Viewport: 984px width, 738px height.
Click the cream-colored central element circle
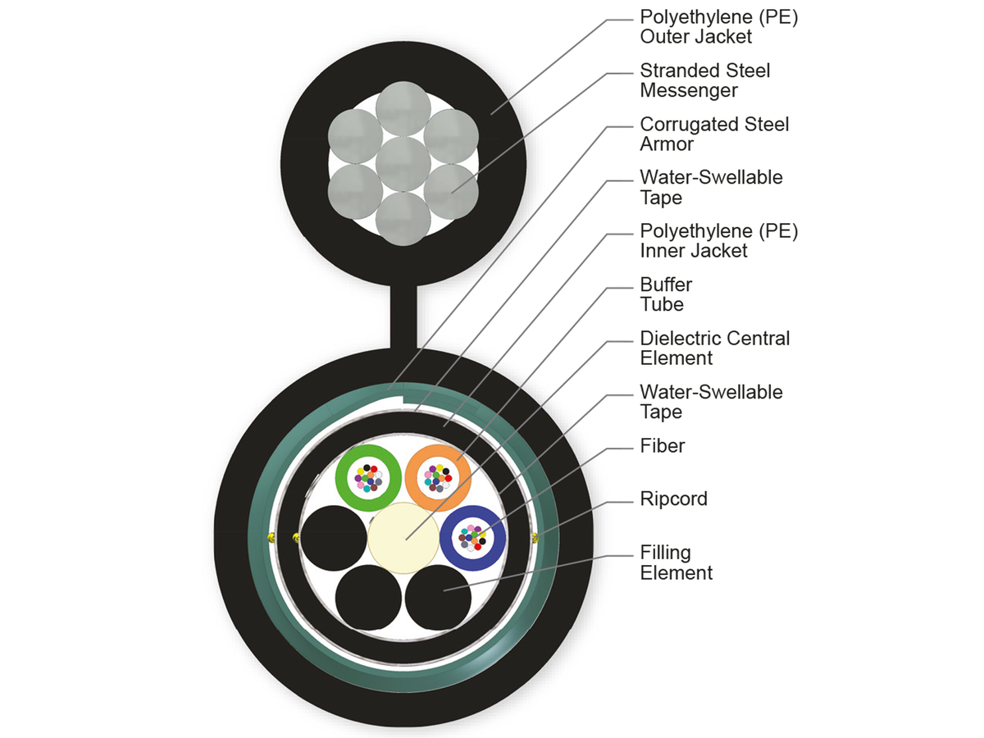pos(403,536)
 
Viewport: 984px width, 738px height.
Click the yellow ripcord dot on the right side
pos(535,538)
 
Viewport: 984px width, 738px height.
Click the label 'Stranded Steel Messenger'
pos(704,80)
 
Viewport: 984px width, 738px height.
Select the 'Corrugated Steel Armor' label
pos(714,134)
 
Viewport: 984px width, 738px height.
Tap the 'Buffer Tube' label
pos(666,294)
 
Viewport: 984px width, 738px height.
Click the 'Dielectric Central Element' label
pos(714,348)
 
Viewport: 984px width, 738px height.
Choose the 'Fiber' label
pos(662,446)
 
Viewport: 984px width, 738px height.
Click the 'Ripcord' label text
pos(673,499)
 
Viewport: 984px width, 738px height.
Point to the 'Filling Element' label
pos(676,563)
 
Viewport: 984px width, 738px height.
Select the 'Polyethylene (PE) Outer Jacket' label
pos(718,26)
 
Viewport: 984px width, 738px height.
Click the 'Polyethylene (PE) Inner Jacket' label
pos(718,241)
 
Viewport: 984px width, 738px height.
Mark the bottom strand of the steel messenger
pos(402,217)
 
